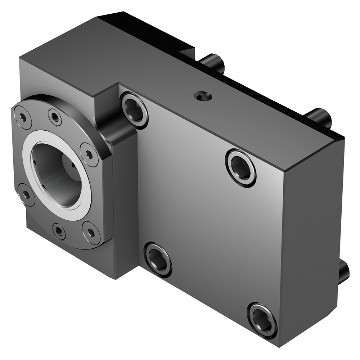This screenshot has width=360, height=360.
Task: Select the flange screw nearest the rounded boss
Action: [89, 154]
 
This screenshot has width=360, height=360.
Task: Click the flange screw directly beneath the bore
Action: [59, 231]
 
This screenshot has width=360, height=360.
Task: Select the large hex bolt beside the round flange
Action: [134, 109]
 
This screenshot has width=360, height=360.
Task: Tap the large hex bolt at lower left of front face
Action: [158, 260]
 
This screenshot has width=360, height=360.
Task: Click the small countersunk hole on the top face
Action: [202, 96]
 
